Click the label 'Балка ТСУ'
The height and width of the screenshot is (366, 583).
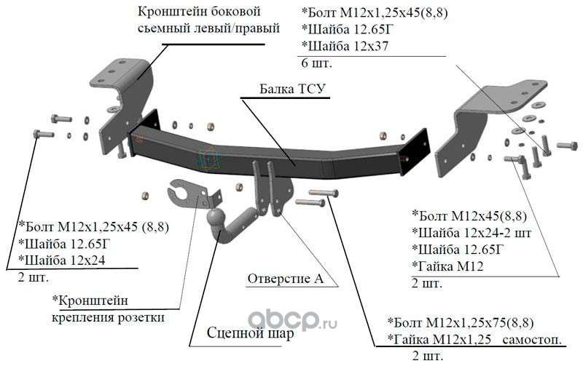click(x=292, y=89)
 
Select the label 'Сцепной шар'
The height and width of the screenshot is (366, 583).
click(x=250, y=333)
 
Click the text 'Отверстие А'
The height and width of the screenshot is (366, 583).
click(x=286, y=279)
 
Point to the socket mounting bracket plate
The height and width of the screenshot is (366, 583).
click(x=192, y=195)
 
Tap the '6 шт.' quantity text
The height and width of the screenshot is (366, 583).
click(x=316, y=63)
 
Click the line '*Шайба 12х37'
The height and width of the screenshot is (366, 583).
click(x=345, y=46)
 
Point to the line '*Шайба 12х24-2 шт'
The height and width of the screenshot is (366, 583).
click(x=472, y=233)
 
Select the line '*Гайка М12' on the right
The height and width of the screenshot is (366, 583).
click(x=447, y=266)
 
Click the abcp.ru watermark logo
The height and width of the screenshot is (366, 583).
click(x=292, y=320)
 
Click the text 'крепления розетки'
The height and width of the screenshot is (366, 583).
click(x=108, y=318)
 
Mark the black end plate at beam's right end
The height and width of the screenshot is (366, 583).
click(x=415, y=151)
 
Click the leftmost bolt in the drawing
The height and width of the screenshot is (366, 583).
click(x=43, y=134)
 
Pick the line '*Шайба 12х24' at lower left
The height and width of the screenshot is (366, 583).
click(x=62, y=260)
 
